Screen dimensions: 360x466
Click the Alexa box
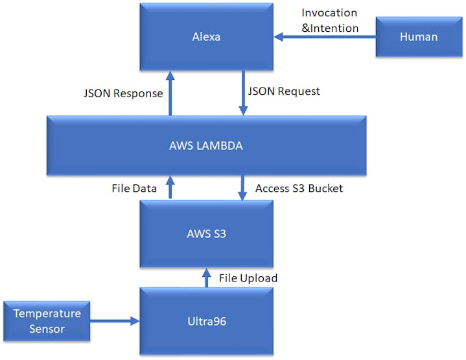pos(206,37)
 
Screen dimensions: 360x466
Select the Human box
pos(419,37)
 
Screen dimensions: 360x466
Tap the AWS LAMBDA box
pos(206,146)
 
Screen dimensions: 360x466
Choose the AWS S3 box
pos(206,234)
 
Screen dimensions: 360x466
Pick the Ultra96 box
pos(206,321)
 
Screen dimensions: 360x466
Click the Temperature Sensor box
pos(47,321)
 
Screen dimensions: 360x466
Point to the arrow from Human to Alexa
pos(328,38)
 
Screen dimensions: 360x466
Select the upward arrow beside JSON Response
pos(170,95)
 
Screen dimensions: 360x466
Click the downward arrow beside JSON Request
pos(242,95)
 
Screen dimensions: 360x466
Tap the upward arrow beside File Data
pos(170,187)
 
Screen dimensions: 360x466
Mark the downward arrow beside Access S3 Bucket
pos(242,187)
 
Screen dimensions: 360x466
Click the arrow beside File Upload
pos(206,277)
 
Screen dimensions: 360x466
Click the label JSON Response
pos(122,93)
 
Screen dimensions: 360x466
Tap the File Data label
pos(134,189)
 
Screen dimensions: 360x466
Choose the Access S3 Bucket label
pos(299,189)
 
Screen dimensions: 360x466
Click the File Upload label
pos(248,278)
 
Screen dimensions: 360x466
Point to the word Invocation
pos(329,13)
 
